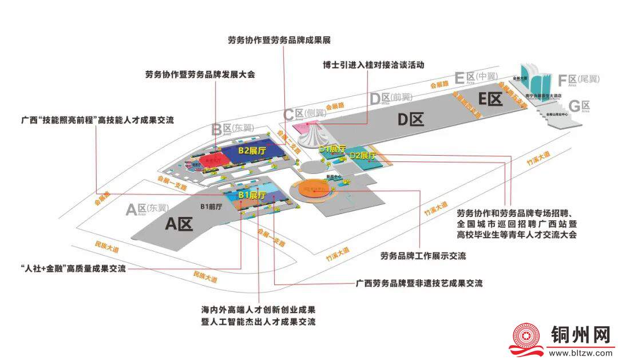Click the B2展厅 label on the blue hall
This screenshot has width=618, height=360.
pyautogui.click(x=253, y=151)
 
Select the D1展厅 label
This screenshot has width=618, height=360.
pyautogui.click(x=332, y=149)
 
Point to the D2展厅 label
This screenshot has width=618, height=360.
pyautogui.click(x=363, y=155)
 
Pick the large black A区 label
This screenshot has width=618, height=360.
pyautogui.click(x=180, y=224)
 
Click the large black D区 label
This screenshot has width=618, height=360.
pyautogui.click(x=410, y=120)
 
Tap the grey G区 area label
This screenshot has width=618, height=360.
pyautogui.click(x=579, y=106)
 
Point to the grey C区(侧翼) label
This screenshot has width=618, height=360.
pyautogui.click(x=306, y=113)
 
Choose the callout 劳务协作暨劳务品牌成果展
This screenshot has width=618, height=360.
pyautogui.click(x=279, y=40)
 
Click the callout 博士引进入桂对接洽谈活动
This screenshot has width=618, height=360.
pyautogui.click(x=374, y=65)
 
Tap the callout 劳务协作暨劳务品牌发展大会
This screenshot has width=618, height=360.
pyautogui.click(x=200, y=74)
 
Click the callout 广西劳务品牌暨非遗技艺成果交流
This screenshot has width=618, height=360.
pyautogui.click(x=419, y=283)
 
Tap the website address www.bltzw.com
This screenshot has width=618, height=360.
pyautogui.click(x=581, y=353)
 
